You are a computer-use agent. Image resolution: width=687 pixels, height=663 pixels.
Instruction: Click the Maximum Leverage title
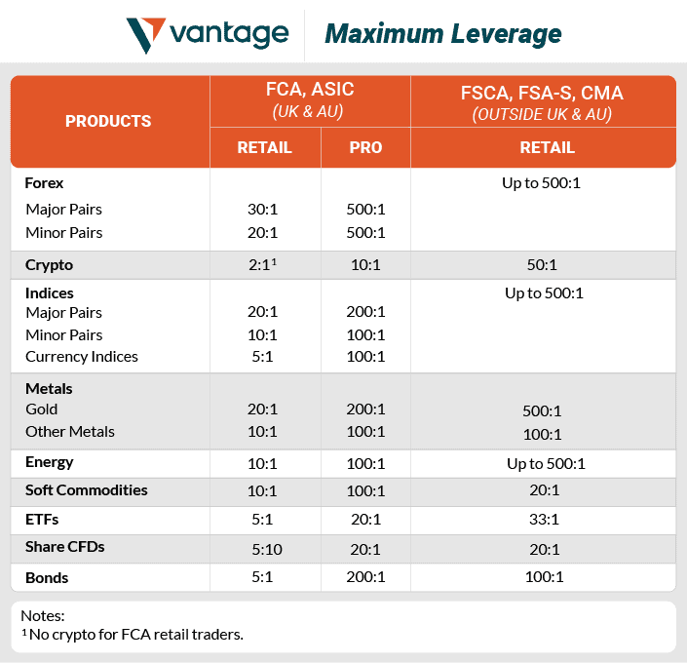(442, 35)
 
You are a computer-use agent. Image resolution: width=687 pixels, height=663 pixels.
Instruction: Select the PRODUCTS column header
(108, 121)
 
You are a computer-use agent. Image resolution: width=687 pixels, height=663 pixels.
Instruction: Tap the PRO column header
(365, 148)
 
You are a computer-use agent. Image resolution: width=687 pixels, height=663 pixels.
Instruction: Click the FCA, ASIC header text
(311, 90)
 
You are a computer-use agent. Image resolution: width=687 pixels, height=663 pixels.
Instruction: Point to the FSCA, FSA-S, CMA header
(542, 94)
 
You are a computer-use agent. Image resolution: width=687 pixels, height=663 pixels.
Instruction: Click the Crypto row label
(50, 264)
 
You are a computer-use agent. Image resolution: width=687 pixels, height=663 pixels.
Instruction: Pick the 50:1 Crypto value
(543, 264)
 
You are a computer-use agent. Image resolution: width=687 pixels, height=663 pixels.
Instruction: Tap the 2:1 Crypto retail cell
(262, 264)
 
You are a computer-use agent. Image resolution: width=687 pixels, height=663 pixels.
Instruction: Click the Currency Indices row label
(82, 356)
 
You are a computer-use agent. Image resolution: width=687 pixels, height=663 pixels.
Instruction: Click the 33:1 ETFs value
(543, 520)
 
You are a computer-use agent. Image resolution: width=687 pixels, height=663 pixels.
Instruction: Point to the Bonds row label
(47, 577)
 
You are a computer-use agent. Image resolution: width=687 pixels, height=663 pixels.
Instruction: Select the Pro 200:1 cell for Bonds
(365, 577)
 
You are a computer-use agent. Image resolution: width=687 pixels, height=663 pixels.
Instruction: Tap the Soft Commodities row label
(87, 490)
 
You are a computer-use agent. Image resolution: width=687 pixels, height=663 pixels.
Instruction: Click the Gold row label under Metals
(42, 409)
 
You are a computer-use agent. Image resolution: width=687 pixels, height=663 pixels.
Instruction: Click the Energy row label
(50, 462)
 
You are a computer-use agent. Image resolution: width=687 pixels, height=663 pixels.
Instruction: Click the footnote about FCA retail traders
(132, 635)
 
